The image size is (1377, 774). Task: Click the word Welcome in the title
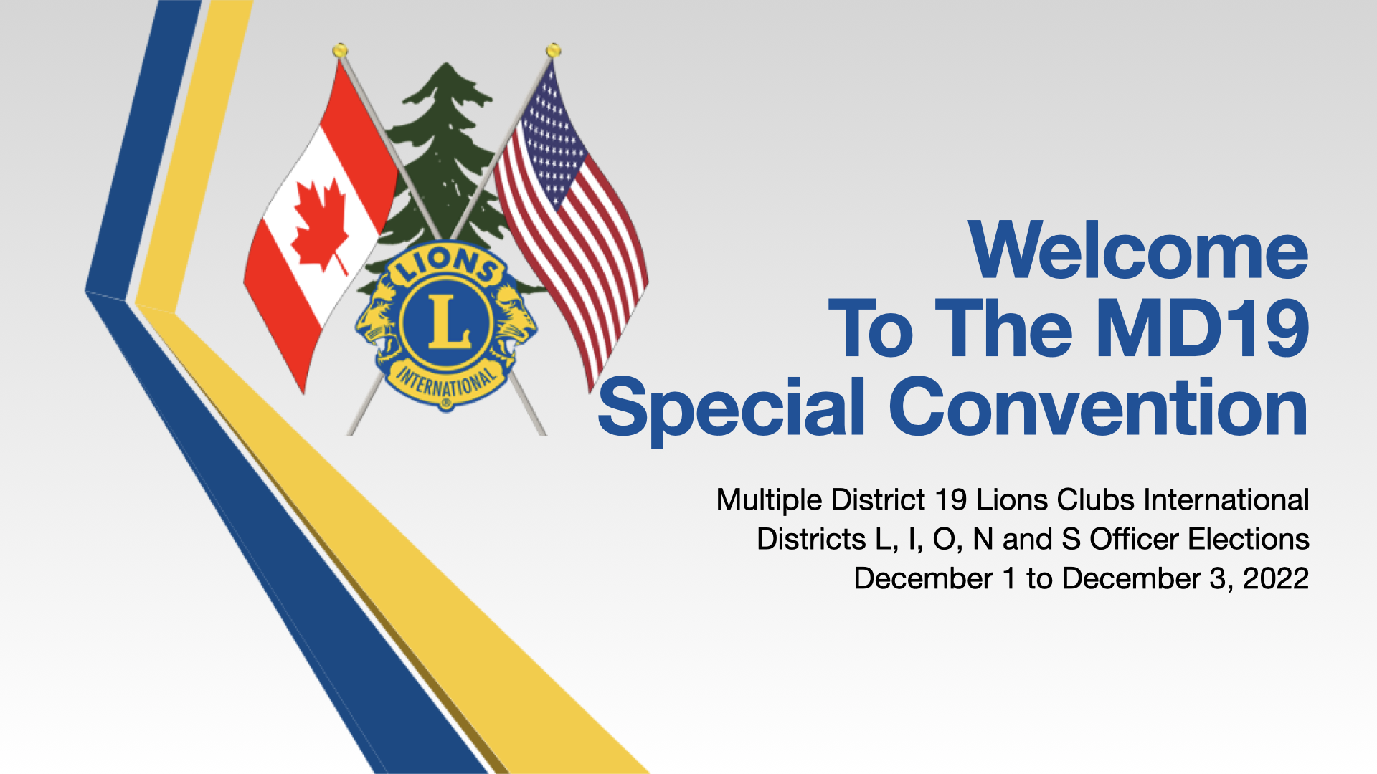1138,250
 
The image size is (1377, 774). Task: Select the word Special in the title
732,408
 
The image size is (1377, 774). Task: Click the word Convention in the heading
1099,406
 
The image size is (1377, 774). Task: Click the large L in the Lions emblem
448,321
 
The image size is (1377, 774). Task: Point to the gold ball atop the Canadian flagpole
340,50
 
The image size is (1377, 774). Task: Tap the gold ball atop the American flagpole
553,50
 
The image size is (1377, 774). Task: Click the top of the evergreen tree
446,64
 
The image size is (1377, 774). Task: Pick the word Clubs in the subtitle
1096,500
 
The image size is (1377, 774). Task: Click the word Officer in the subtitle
1135,540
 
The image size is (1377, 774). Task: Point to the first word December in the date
924,579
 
